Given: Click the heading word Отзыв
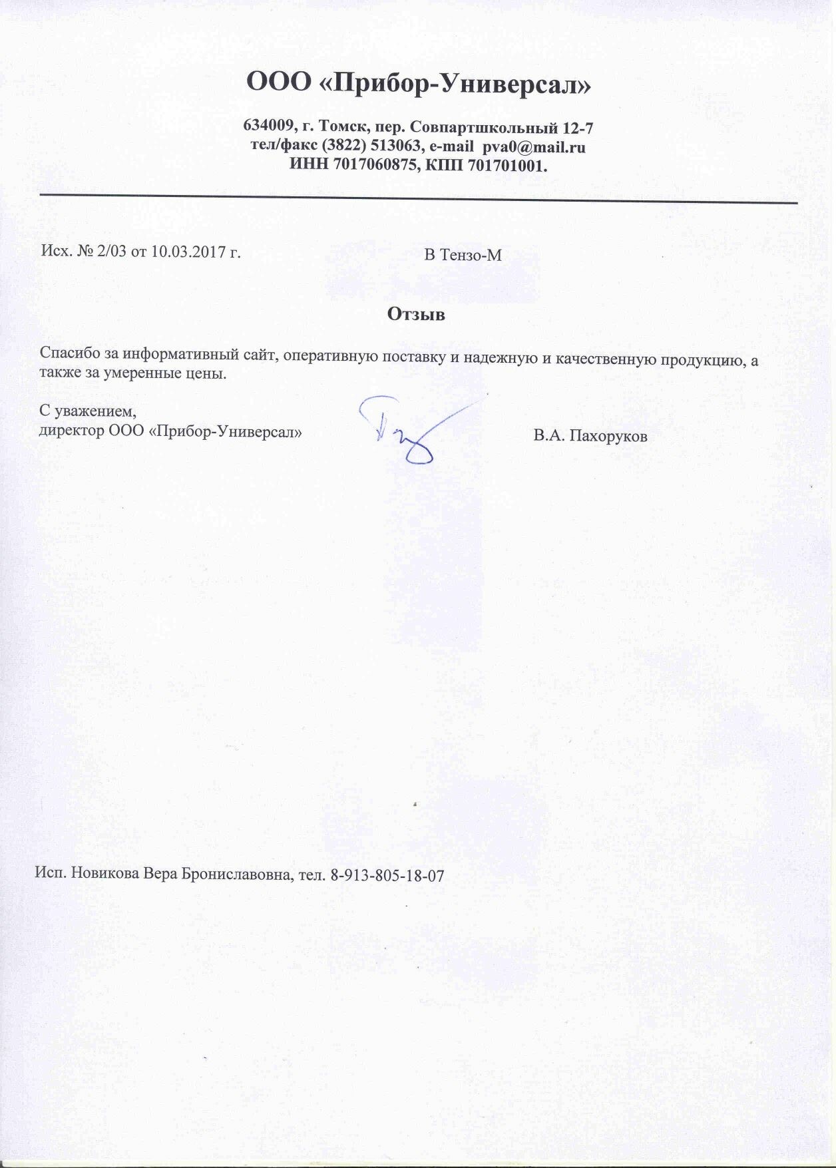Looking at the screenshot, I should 416,314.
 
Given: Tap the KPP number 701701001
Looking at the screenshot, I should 507,166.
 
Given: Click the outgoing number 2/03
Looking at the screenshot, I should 109,252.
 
